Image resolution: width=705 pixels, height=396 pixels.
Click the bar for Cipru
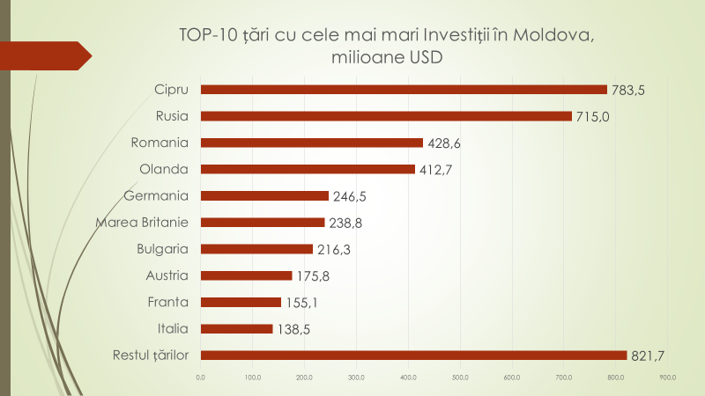pyautogui.click(x=404, y=89)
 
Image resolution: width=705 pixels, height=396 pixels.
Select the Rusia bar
pyautogui.click(x=386, y=116)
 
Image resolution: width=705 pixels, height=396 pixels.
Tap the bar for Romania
pyautogui.click(x=312, y=143)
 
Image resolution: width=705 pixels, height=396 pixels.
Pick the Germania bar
pyautogui.click(x=264, y=195)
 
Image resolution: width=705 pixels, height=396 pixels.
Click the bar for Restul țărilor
pyautogui.click(x=413, y=356)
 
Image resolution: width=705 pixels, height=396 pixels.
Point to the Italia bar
pyautogui.click(x=236, y=329)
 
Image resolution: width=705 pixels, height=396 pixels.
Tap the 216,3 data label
pyautogui.click(x=333, y=249)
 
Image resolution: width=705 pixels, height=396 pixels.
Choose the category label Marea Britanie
pyautogui.click(x=142, y=222)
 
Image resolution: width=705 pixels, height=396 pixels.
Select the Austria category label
pyautogui.click(x=167, y=275)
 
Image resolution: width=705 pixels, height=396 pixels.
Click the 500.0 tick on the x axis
pyautogui.click(x=460, y=378)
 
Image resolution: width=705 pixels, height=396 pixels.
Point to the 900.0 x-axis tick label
pyautogui.click(x=667, y=378)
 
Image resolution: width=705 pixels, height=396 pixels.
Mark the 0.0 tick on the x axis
pyautogui.click(x=201, y=378)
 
